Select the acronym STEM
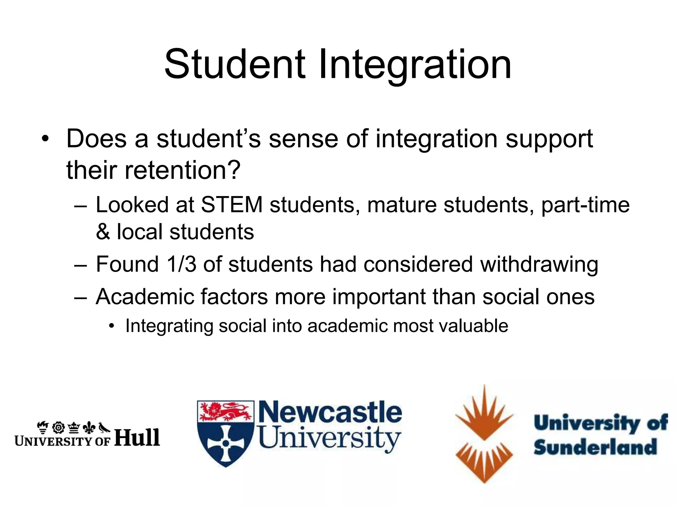232,205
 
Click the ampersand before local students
103,232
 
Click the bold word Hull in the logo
137,438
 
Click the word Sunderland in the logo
595,448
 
